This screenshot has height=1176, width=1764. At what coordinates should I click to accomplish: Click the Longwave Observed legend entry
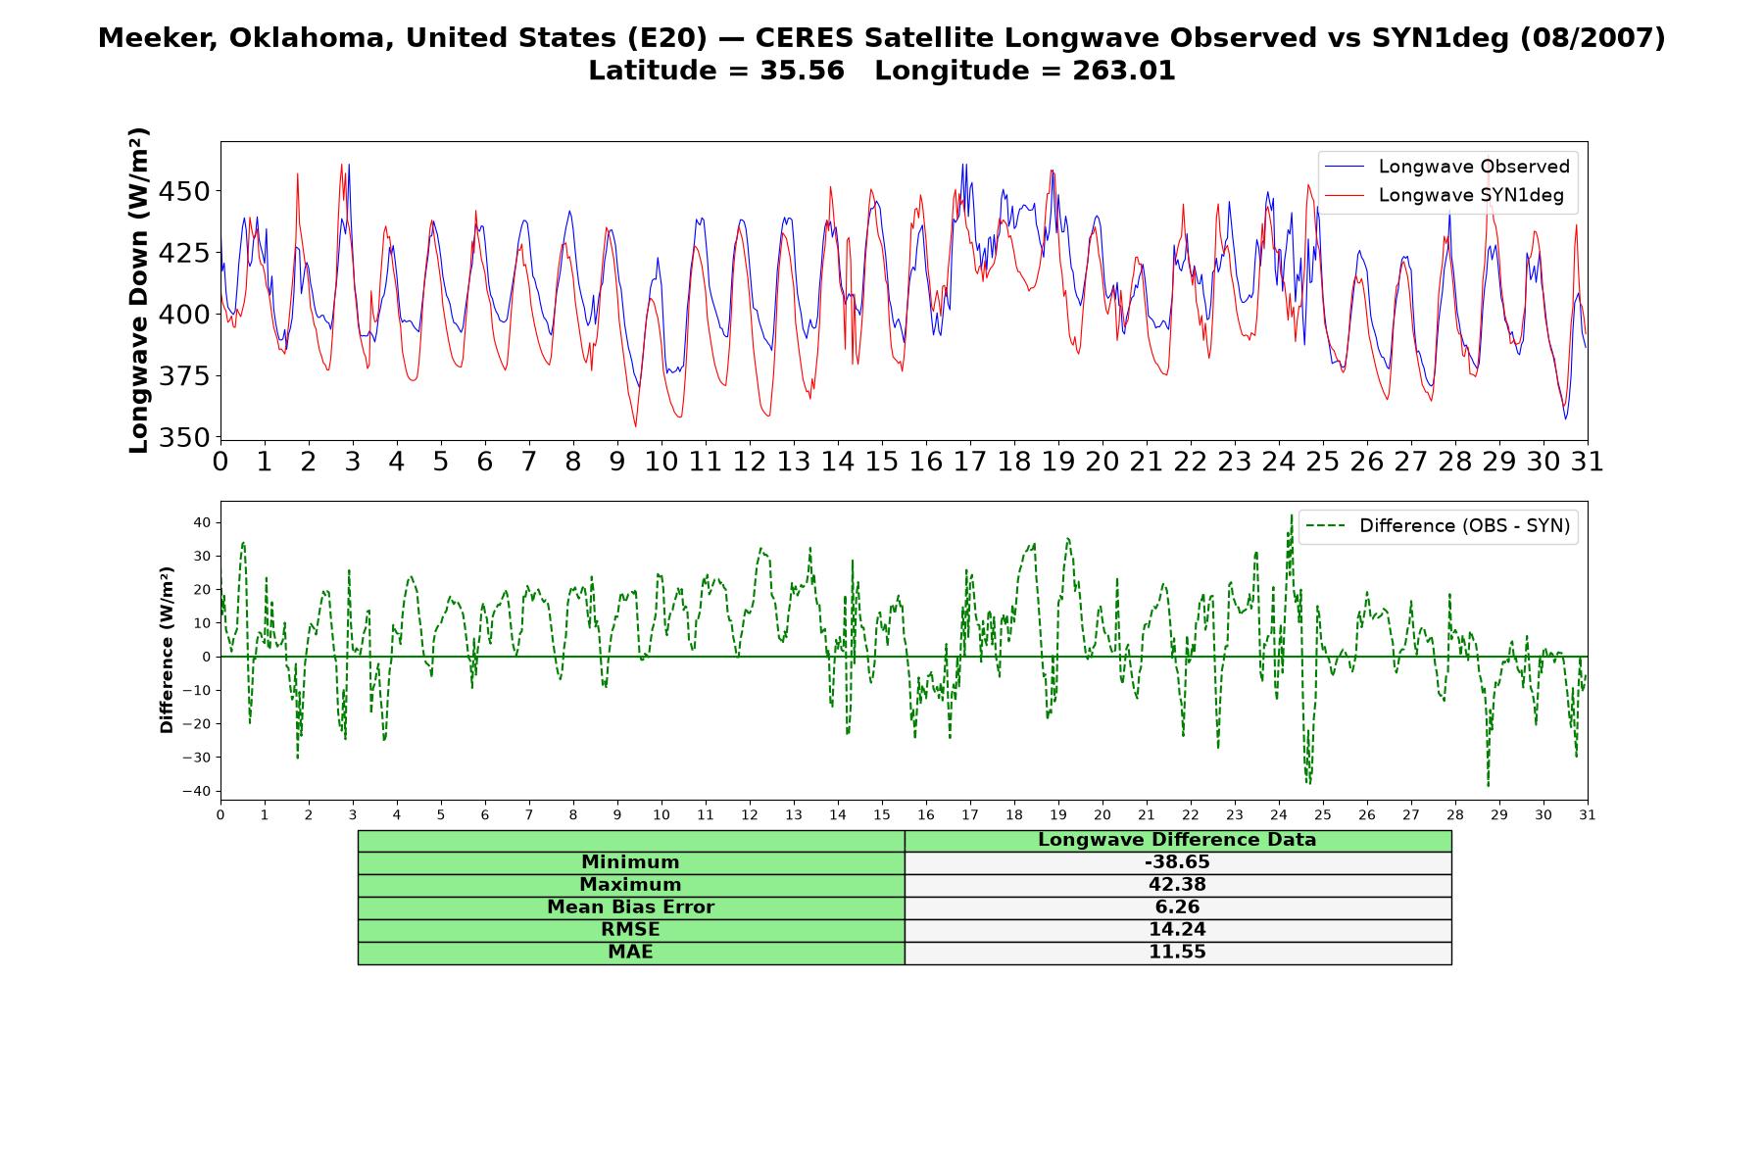pos(1446,167)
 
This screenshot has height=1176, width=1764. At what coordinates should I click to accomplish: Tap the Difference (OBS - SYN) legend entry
pos(1438,526)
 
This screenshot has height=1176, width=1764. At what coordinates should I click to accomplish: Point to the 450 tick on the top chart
pos(184,191)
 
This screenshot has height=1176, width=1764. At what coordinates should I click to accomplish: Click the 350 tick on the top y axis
pos(184,437)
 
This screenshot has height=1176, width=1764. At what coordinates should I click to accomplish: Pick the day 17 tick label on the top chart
pos(970,462)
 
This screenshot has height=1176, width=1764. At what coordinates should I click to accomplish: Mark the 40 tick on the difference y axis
pos(202,522)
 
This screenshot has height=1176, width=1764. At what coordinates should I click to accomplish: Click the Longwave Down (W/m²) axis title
pos(138,290)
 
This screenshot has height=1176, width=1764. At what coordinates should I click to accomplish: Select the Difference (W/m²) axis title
pos(167,650)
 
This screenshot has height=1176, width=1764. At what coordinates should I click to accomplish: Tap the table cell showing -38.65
pos(1177,862)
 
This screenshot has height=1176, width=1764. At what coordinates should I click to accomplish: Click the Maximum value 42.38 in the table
pos(1177,885)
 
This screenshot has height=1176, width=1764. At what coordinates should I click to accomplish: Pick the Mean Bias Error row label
pos(630,907)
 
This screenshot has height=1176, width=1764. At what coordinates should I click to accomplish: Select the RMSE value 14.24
pos(1177,930)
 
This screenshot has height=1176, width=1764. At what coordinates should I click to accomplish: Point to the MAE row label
pos(630,953)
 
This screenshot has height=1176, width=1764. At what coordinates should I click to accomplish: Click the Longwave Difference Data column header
pos(1177,840)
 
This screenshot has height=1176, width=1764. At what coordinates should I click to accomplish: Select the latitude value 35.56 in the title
pos(802,71)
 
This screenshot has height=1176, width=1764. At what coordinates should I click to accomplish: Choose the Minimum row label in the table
pos(630,862)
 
